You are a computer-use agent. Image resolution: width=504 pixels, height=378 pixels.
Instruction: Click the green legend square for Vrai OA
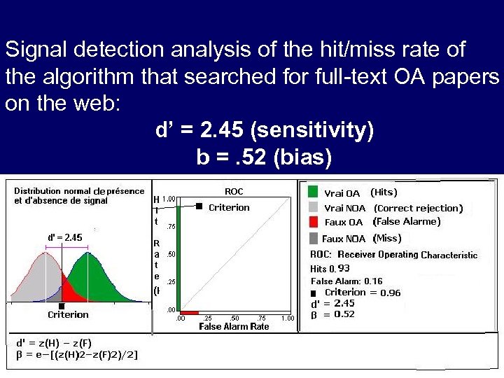tap(312, 192)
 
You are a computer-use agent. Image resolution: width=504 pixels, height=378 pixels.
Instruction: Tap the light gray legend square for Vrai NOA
tap(312, 207)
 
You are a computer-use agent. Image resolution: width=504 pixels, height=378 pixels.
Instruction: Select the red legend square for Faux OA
tap(312, 222)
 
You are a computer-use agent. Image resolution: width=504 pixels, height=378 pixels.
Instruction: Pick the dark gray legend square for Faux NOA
tap(312, 238)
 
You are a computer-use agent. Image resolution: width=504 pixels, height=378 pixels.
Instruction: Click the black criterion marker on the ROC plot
tap(199, 206)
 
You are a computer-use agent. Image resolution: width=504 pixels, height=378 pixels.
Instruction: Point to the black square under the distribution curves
tap(62, 306)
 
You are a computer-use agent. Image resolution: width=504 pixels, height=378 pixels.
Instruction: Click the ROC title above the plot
tap(234, 191)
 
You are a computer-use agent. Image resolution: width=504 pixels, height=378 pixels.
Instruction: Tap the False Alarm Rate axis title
tap(234, 327)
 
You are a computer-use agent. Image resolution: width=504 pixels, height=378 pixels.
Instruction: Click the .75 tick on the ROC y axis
tap(170, 227)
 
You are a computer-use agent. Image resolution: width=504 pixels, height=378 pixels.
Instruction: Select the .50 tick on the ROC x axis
tap(234, 318)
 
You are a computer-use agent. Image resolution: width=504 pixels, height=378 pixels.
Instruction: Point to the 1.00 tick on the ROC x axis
tap(287, 318)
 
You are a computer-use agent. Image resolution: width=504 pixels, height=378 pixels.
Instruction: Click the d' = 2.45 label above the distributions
tap(65, 237)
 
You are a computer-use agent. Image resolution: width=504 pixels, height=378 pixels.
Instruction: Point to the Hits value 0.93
tap(344, 268)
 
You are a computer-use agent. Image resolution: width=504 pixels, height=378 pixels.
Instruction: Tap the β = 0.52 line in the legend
tap(332, 314)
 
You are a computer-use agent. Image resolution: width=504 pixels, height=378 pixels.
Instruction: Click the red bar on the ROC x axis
tap(190, 312)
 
